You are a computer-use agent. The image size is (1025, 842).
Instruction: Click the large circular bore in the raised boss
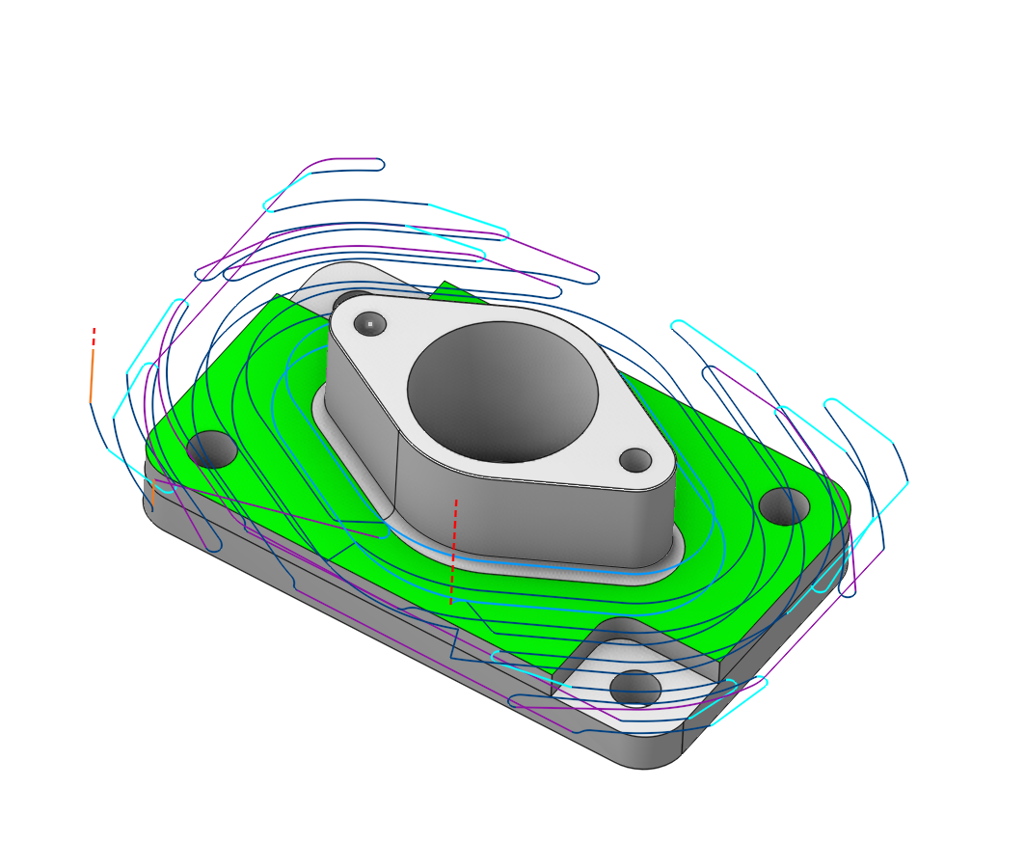[502, 391]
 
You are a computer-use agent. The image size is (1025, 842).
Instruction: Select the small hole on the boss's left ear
[369, 324]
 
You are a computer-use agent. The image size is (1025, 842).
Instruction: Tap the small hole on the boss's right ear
[634, 460]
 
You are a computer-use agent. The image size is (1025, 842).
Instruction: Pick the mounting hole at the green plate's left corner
[212, 449]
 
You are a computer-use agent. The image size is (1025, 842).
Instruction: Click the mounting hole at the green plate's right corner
[784, 505]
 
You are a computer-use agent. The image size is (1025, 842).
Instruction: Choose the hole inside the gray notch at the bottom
[635, 688]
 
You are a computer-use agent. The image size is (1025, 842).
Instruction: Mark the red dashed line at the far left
[94, 337]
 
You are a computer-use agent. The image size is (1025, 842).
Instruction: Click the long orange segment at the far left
[92, 376]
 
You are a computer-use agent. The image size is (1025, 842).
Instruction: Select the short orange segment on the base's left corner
[152, 495]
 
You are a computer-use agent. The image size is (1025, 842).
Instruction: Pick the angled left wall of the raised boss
[360, 424]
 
